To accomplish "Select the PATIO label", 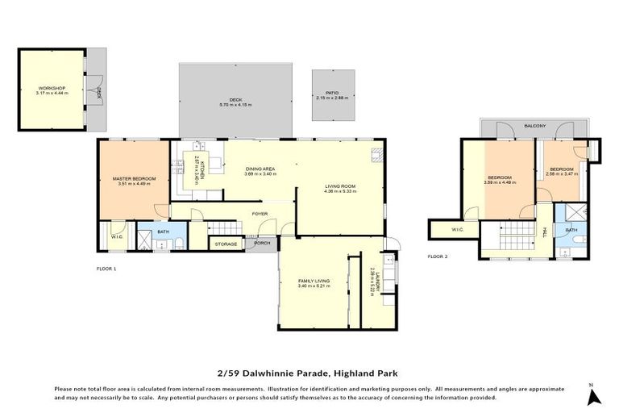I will coord(333,94).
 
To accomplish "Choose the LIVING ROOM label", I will coord(339,188).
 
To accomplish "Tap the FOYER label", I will coord(260,214).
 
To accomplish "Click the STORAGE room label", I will coord(226,243).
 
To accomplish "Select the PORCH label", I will coord(261,243).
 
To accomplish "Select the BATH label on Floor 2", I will coord(571,230).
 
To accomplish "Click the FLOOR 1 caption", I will coord(107,268).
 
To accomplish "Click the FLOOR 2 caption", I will coord(438,257).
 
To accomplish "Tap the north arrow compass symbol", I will coord(594,395).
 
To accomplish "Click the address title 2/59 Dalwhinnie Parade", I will coord(309,373).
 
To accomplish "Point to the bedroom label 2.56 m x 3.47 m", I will coord(561,172).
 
